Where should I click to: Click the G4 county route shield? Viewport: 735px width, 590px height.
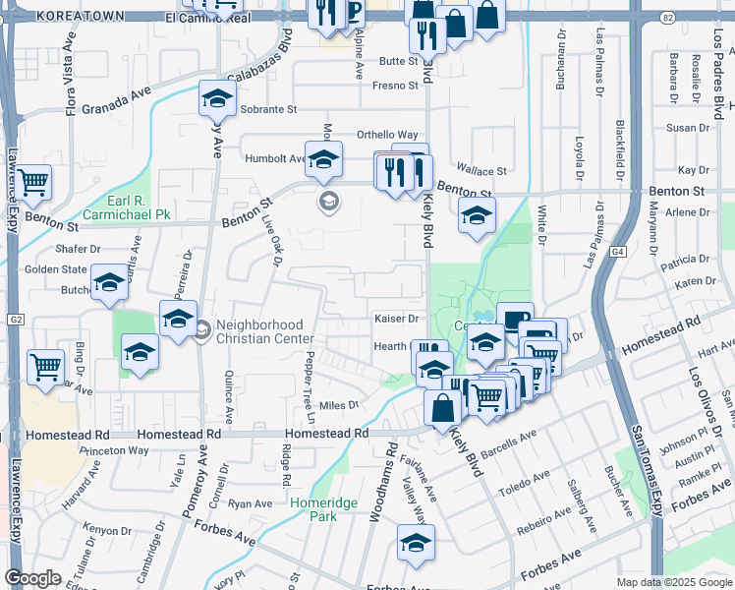coord(616,253)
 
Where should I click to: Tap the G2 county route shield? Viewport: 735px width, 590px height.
coord(16,320)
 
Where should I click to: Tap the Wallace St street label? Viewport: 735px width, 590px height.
coord(481,171)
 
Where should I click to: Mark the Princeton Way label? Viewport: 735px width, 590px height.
coord(115,450)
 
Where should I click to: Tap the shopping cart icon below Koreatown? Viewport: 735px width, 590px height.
coord(33,182)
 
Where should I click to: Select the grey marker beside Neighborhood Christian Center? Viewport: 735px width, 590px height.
coord(201,329)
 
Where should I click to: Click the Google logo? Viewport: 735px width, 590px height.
coord(32,578)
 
